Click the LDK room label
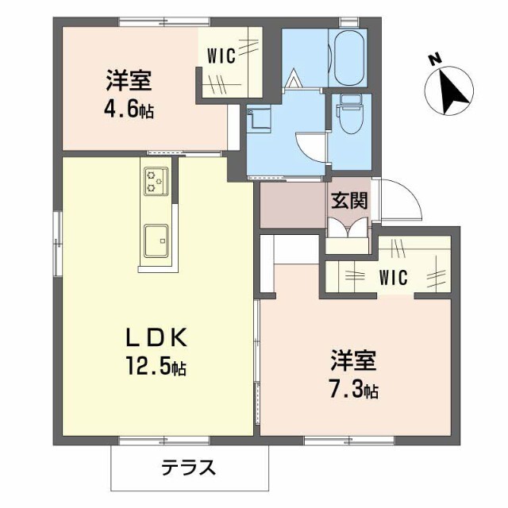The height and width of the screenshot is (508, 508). [x=156, y=338]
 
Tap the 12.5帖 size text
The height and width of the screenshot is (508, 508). [x=156, y=368]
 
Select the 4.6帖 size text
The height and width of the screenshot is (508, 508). [x=129, y=108]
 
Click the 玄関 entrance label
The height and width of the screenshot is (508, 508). [x=349, y=201]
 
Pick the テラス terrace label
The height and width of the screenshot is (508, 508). [x=188, y=468]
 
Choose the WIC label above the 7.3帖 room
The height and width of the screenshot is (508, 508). [x=393, y=278]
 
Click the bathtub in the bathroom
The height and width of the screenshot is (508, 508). [x=350, y=59]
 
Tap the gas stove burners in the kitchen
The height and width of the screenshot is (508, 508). [x=155, y=180]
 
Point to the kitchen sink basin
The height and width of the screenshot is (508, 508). [x=155, y=237]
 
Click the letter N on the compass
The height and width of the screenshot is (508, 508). [x=433, y=59]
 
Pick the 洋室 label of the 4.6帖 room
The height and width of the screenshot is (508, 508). [x=129, y=81]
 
